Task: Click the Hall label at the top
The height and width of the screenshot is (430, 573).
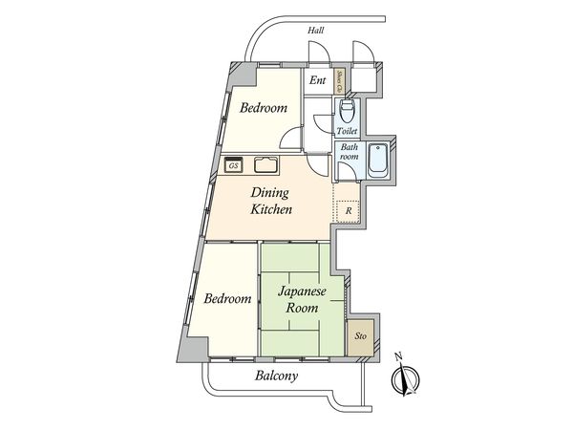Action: click(315, 31)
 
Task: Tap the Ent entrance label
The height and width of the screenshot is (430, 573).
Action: click(317, 81)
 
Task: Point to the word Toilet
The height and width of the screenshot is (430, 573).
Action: click(347, 131)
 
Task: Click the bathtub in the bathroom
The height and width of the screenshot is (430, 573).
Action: click(376, 160)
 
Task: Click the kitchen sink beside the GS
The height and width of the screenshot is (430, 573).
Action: click(265, 164)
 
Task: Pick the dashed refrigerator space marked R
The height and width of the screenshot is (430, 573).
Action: click(349, 210)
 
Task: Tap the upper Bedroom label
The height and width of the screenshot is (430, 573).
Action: click(264, 108)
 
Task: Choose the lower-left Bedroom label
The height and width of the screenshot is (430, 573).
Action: click(227, 298)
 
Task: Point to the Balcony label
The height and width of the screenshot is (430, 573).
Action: click(276, 376)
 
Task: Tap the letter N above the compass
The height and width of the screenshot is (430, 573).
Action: click(400, 357)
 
